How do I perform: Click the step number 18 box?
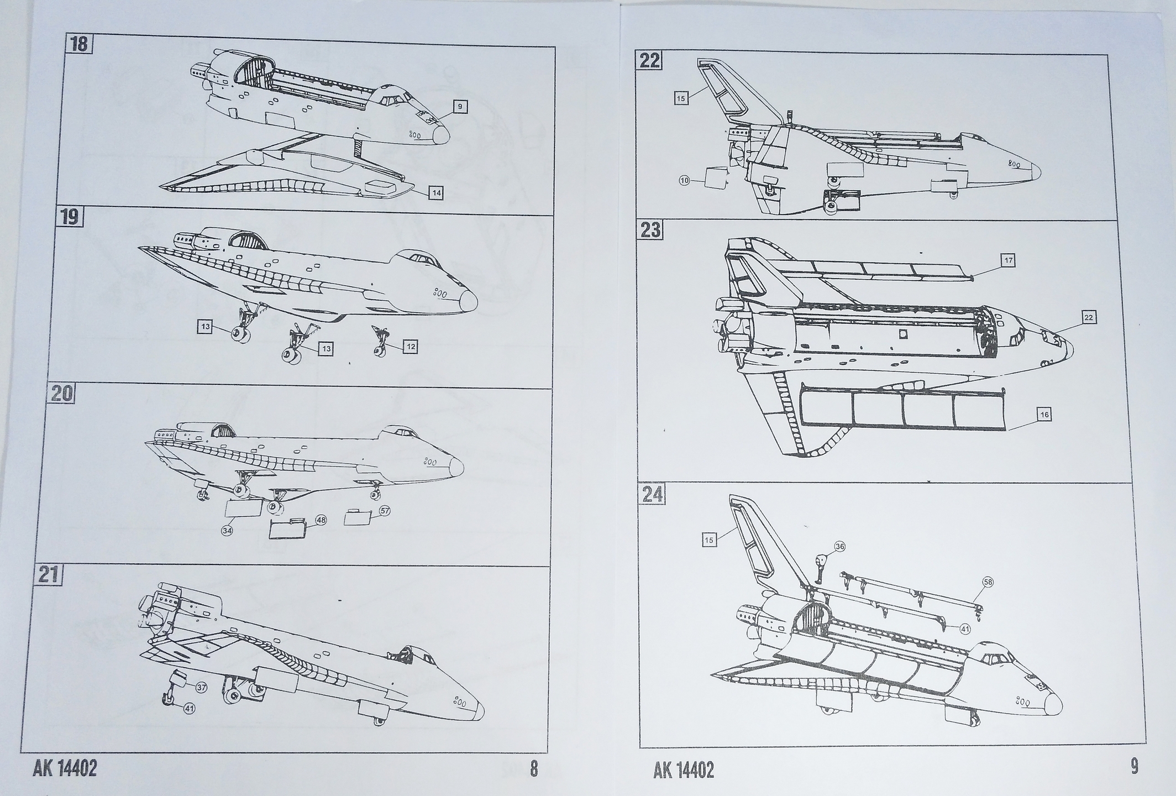pos(78,44)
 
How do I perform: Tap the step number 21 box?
pos(48,575)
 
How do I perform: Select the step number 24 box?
pos(651,494)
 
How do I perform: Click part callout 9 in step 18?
pos(460,107)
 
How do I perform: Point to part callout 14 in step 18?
pos(436,193)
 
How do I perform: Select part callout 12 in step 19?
pos(410,347)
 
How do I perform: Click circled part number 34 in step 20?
pos(227,531)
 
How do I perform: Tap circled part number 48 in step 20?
pos(321,520)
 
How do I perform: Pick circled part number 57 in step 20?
pos(385,511)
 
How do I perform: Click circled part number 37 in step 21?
pos(201,687)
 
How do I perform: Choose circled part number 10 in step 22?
pos(685,181)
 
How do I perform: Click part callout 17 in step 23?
pos(1009,260)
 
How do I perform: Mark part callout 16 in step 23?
pos(1044,415)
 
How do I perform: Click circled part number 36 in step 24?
pos(840,547)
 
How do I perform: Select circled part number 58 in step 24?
pos(988,582)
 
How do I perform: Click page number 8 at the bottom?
pos(533,769)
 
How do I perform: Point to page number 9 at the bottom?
pos(1134,767)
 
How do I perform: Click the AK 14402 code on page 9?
pos(683,770)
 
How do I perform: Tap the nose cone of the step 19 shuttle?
pos(469,300)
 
